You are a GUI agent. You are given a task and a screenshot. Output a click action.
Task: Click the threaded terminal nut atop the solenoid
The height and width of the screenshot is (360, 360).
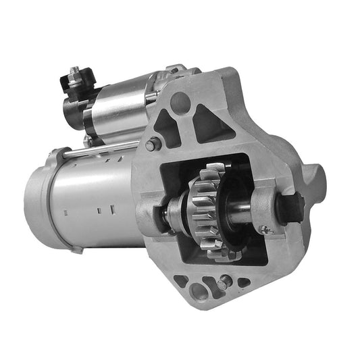(75, 72)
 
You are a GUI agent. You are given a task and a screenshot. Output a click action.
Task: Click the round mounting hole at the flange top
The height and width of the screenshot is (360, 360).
(180, 103)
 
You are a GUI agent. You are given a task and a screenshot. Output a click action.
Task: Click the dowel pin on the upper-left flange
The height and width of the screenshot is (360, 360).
(154, 143)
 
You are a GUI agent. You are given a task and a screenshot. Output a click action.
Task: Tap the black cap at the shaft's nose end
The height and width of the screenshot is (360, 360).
(291, 207)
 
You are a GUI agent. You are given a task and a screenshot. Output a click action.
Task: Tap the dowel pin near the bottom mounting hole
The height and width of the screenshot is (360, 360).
(223, 284)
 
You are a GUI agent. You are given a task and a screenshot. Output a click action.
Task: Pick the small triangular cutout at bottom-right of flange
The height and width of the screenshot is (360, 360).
(242, 282)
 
